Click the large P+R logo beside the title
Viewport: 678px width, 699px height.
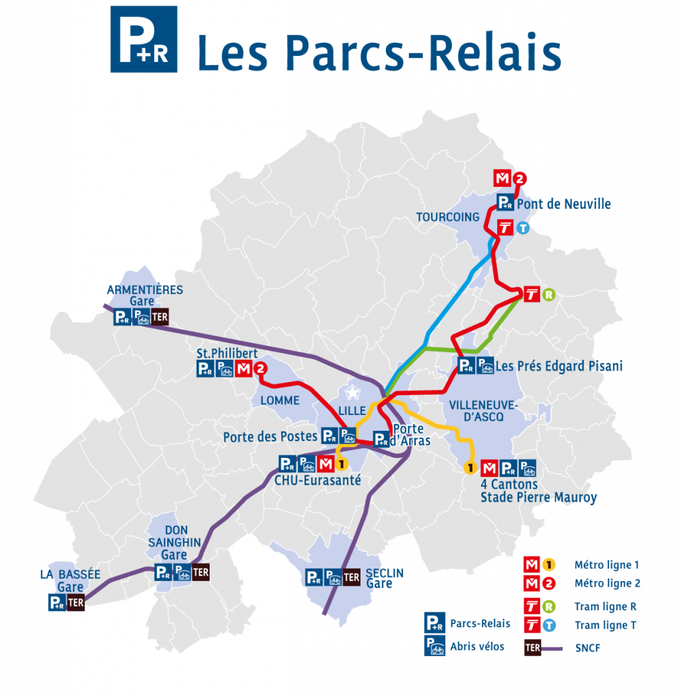coord(143,39)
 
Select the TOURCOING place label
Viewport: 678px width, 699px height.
coord(448,217)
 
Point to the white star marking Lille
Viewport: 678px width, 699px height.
coord(352,393)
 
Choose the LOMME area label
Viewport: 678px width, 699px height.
coord(280,400)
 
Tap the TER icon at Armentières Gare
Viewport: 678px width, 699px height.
coord(160,317)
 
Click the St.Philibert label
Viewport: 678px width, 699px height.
coord(227,354)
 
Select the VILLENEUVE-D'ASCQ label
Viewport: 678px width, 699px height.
coord(483,412)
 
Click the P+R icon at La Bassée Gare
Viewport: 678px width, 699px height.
coord(57,603)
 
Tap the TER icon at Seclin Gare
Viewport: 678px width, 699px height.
coord(351,577)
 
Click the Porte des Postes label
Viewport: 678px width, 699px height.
coord(270,436)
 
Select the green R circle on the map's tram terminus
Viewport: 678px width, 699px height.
coord(549,295)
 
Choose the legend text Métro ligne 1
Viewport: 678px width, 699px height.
coord(606,565)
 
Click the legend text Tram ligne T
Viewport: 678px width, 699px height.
coord(605,625)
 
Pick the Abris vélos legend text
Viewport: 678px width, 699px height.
coord(477,646)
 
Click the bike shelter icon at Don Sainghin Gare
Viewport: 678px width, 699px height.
coord(182,573)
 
